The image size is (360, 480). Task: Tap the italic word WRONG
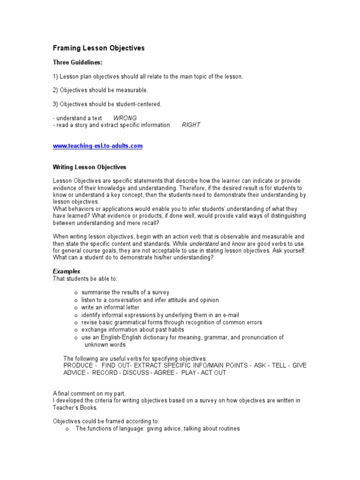[125, 118]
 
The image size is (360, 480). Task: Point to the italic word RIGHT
[191, 125]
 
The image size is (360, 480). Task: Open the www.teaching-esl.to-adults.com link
[97, 146]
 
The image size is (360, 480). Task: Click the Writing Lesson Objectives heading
[89, 167]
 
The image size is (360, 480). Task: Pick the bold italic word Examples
[67, 271]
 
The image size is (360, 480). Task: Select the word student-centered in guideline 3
[140, 104]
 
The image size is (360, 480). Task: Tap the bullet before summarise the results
[76, 293]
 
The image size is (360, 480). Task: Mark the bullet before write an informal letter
[76, 308]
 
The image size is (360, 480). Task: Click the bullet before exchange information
[76, 330]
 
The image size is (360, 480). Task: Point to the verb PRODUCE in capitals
[78, 366]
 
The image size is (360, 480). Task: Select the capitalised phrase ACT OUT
[213, 373]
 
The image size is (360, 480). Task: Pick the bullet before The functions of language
[68, 429]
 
